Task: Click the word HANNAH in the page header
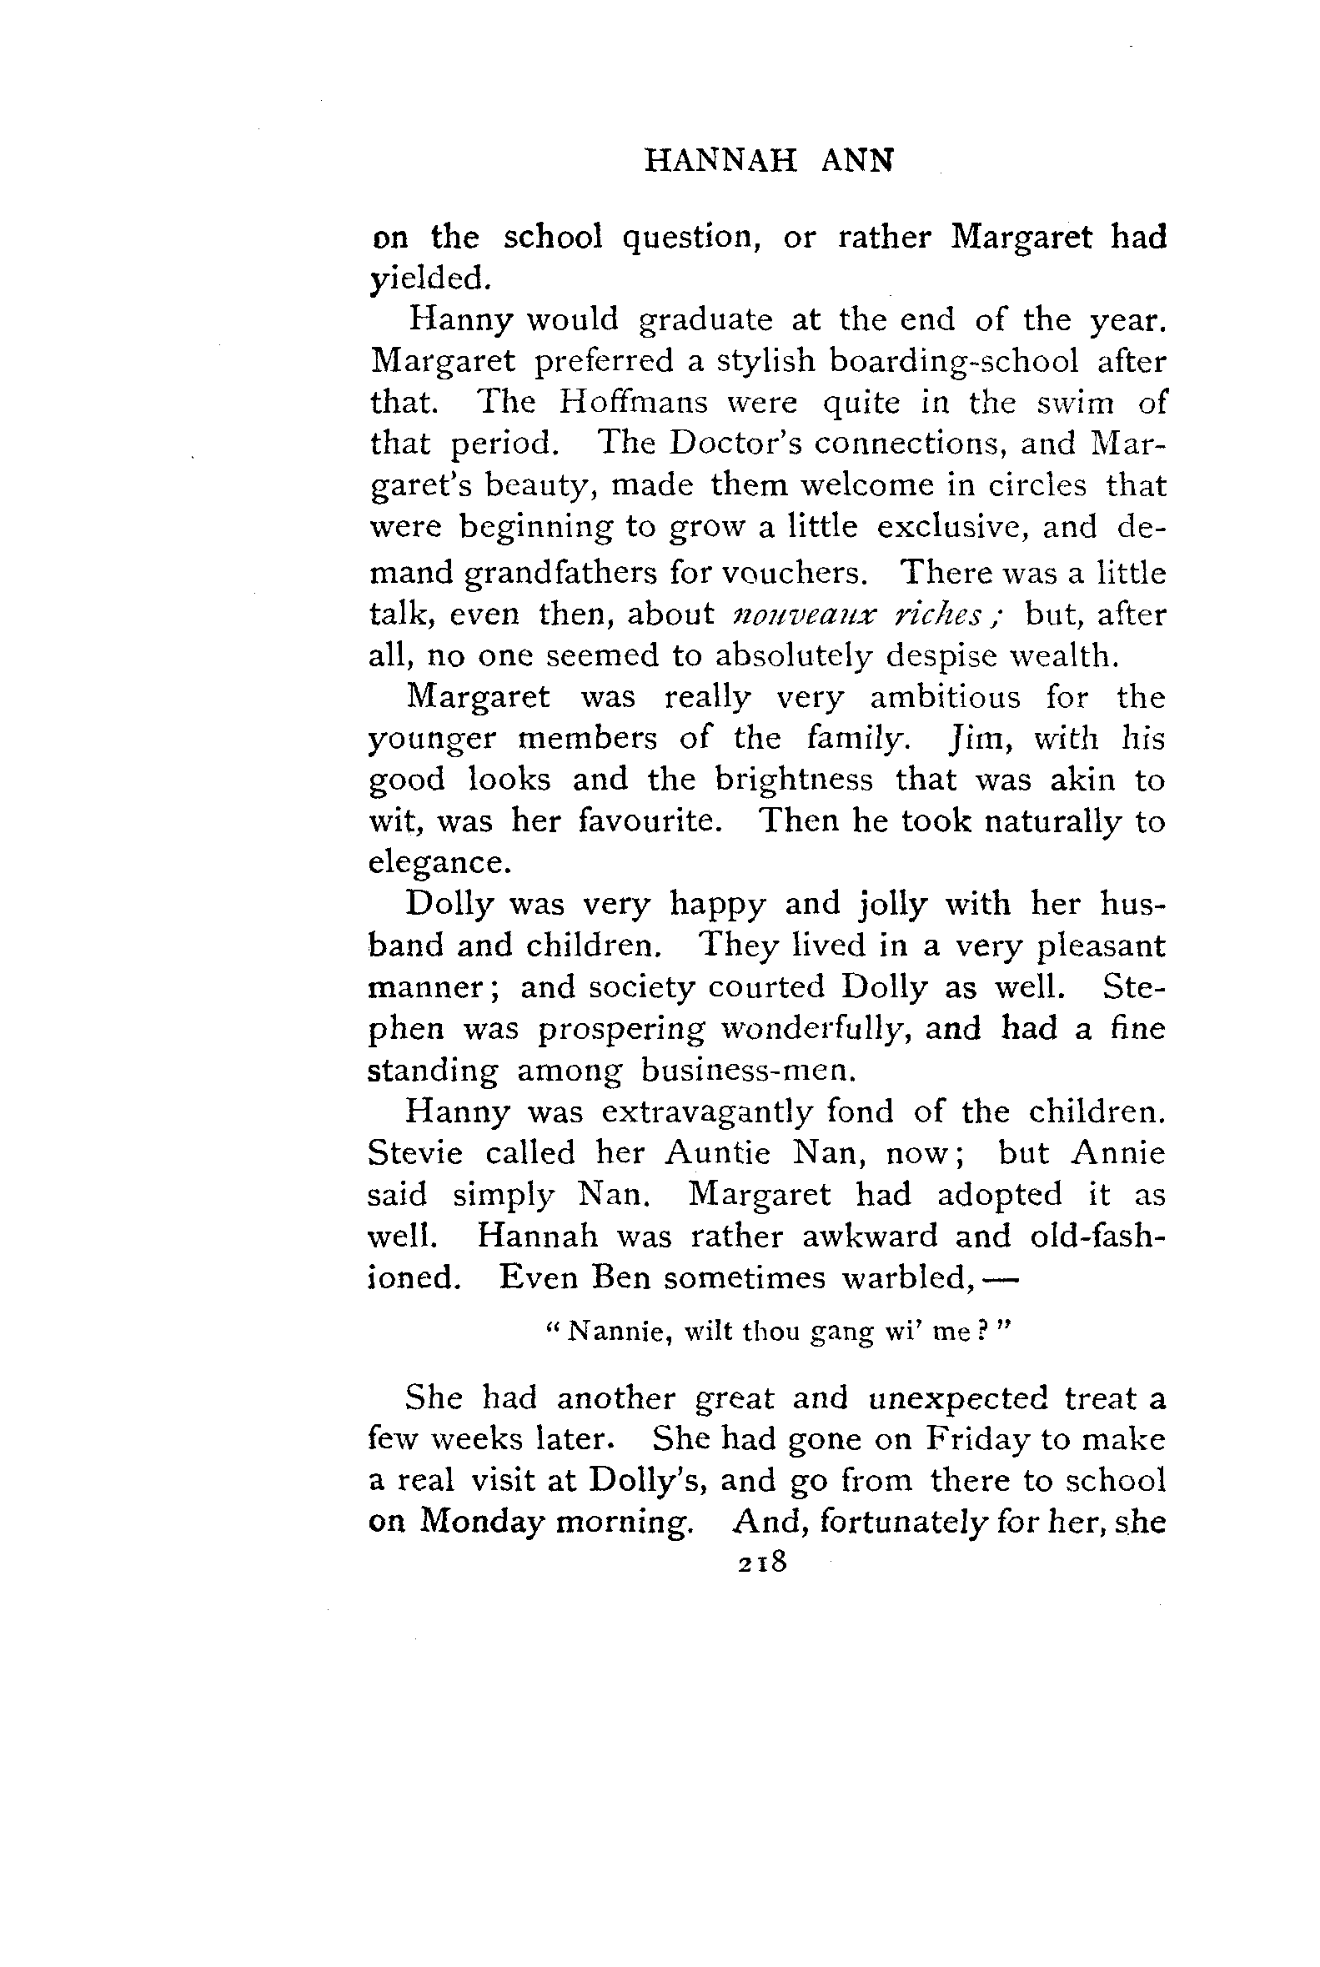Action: click(720, 160)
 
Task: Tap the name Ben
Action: click(621, 1277)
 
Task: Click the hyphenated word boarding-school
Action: click(953, 361)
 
